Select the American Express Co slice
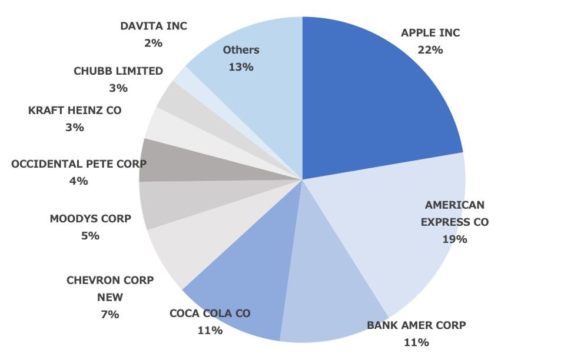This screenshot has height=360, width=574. (400, 235)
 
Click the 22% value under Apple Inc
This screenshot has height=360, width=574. (430, 50)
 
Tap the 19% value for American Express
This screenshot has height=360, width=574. (454, 239)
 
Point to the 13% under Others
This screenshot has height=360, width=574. (241, 67)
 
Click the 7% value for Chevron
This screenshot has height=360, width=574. (110, 315)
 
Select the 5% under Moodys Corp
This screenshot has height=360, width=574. (90, 236)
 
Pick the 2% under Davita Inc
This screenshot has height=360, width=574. (153, 43)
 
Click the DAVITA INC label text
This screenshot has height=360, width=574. (153, 26)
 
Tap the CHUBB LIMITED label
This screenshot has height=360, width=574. (118, 71)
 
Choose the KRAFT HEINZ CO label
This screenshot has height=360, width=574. (75, 111)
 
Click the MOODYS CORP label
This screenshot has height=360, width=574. (90, 219)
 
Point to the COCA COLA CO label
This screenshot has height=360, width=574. (210, 314)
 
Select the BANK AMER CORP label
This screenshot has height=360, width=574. (416, 325)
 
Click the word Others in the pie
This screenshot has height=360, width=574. (241, 50)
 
